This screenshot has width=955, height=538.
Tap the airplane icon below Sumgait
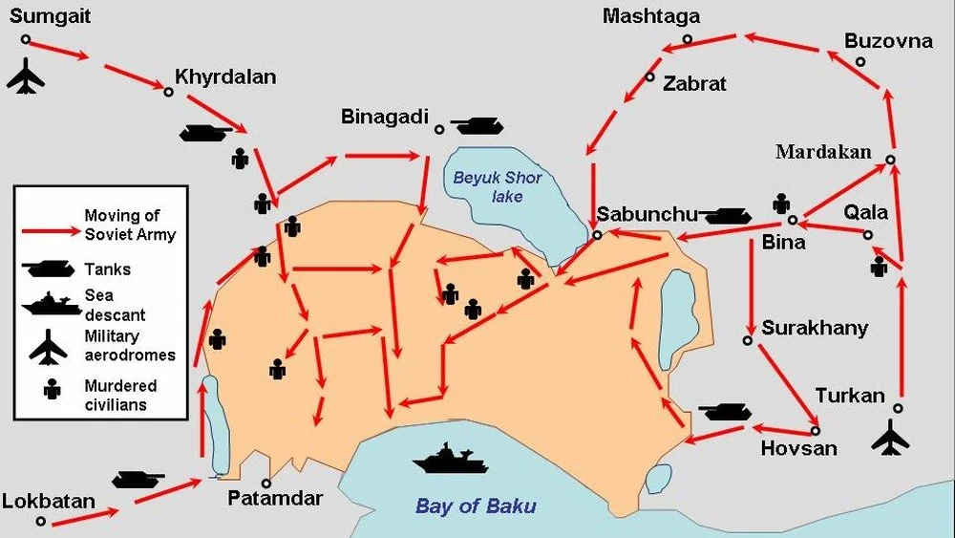26,76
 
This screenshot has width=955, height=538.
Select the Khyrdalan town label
225,77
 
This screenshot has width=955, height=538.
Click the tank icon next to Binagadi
476,125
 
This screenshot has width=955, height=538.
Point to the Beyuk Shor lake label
497,186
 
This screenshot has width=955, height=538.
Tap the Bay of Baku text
476,506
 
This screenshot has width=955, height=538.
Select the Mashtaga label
651,16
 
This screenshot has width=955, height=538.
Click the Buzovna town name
888,41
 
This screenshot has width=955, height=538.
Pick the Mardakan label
823,152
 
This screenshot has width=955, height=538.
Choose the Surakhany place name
815,329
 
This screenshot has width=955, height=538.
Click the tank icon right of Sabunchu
728,215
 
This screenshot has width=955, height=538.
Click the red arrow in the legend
49,231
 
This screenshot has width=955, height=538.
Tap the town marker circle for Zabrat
649,77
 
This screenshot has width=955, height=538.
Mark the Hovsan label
798,447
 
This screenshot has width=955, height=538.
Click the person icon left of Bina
782,204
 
